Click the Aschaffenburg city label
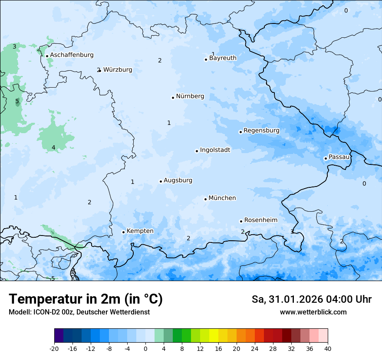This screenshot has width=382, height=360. [x=72, y=55]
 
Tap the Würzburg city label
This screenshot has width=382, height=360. [x=118, y=70]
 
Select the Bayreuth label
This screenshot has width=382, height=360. [x=223, y=58]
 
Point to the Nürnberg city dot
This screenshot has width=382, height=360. [x=173, y=98]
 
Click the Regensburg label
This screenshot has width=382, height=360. [x=261, y=131]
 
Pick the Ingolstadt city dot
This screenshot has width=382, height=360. [x=197, y=151]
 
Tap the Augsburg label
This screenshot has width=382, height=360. [x=178, y=180]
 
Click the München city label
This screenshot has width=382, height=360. [x=222, y=198]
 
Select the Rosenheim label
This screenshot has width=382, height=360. [x=260, y=220]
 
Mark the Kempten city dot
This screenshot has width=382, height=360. [x=123, y=232]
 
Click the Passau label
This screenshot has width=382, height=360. [x=339, y=157]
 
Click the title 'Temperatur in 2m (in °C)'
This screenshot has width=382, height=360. [x=86, y=299]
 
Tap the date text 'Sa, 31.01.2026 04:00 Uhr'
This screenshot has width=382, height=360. [x=311, y=299]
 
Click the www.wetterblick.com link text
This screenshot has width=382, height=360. [x=313, y=312]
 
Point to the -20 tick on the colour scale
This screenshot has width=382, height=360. [x=54, y=349]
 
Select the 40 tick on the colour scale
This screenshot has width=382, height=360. [x=327, y=349]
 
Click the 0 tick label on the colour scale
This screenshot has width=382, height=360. [x=145, y=349]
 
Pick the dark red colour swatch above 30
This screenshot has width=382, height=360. [x=286, y=336]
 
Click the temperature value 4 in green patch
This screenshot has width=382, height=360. [x=53, y=148]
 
